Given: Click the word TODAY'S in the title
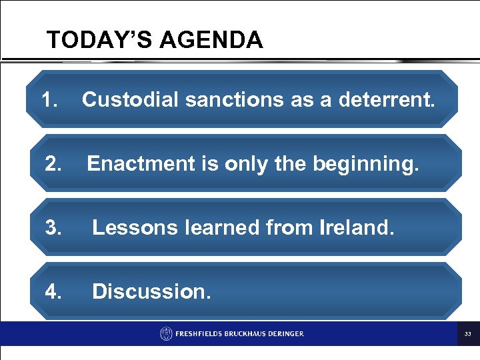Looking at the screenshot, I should [94, 41].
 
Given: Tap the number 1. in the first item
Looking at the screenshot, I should [50, 100].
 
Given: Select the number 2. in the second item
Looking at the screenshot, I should [55, 163].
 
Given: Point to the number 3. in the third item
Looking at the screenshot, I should [55, 227].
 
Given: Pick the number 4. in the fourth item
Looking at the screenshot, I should [55, 291].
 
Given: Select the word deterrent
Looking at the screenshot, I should [387, 100].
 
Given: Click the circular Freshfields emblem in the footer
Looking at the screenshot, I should [166, 333].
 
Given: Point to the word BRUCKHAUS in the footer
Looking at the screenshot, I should [244, 333].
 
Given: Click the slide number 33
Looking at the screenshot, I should [467, 333].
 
